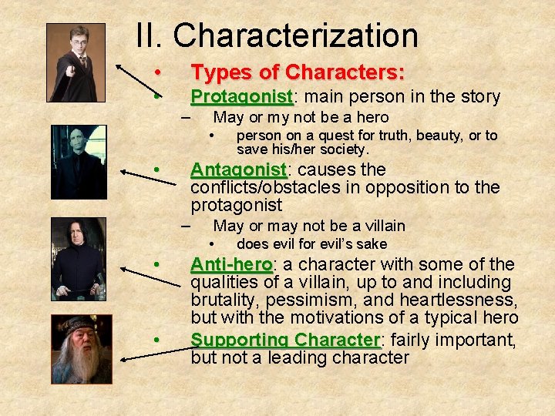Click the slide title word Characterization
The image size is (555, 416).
click(295, 35)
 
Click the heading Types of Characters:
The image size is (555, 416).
click(298, 72)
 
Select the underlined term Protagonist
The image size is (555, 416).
click(240, 97)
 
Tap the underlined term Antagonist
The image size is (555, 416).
click(238, 169)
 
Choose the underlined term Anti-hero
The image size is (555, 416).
click(230, 264)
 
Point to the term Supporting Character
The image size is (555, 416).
click(285, 340)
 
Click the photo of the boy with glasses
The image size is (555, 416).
click(76, 62)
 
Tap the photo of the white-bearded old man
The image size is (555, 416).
click(81, 349)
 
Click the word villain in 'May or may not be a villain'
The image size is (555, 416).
click(383, 226)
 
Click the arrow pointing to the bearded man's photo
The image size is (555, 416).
click(154, 351)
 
